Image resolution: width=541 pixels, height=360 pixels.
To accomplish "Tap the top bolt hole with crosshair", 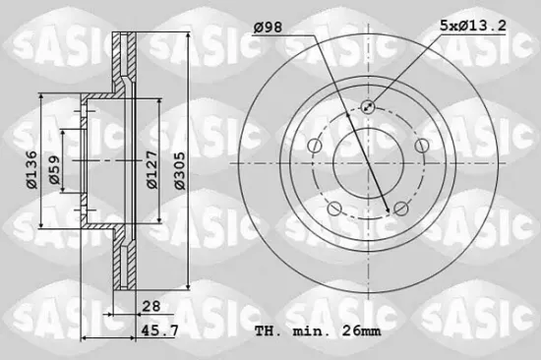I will (x=367, y=107).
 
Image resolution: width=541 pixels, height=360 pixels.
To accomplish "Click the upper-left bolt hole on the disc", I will (x=313, y=146).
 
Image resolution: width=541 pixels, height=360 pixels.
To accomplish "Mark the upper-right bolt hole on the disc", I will (x=420, y=146).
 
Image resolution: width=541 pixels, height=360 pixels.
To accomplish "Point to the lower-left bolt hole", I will (x=333, y=209).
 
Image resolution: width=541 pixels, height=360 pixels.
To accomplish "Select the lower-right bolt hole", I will (x=399, y=209).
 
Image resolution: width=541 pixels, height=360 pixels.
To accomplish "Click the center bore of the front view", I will (x=366, y=161).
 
